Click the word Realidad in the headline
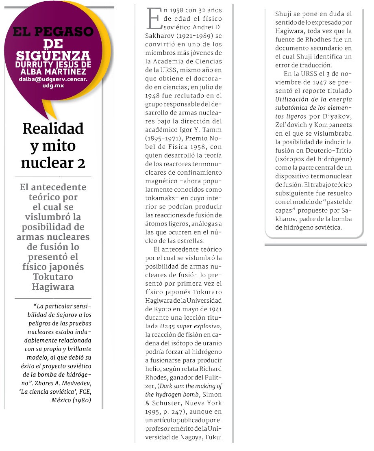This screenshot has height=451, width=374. pyautogui.click(x=53, y=128)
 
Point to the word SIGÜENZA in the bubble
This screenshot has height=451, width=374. pyautogui.click(x=54, y=56)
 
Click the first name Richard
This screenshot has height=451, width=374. pyautogui.click(x=212, y=369)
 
